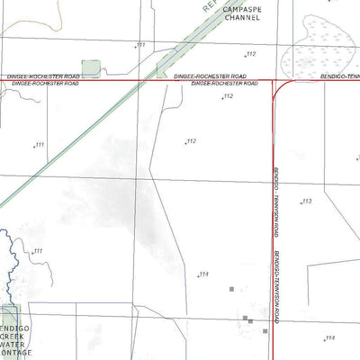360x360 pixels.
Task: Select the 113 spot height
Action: click(x=306, y=202)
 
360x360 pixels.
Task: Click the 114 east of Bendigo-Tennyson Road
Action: click(x=329, y=337)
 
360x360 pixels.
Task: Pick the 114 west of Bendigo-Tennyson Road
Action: click(x=204, y=274)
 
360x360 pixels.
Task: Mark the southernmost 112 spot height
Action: click(x=191, y=141)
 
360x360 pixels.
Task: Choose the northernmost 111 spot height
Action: click(x=140, y=44)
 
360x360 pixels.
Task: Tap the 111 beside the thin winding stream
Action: click(x=37, y=251)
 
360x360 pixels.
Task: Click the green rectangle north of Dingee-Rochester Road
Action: click(x=91, y=68)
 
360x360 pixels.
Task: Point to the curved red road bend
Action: click(x=277, y=87)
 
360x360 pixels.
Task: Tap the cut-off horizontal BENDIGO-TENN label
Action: click(x=339, y=77)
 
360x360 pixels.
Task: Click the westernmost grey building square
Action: click(x=231, y=290)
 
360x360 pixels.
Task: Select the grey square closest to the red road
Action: click(x=251, y=320)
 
